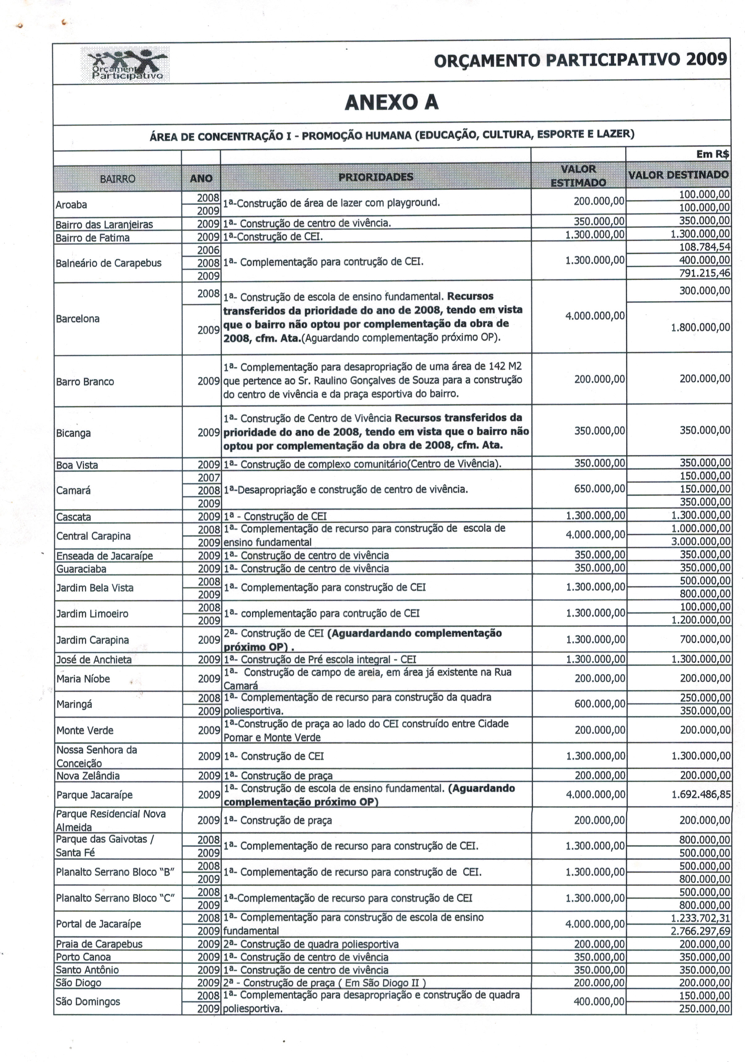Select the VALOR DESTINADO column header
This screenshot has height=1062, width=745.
coord(678,175)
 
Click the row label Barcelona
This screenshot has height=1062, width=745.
coord(77,319)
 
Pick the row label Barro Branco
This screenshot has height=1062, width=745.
coord(85,382)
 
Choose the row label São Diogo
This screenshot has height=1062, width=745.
coord(78,983)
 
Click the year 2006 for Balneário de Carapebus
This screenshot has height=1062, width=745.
coord(208,250)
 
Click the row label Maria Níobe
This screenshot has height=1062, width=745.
coord(83,678)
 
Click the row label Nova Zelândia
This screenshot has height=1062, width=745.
coord(88,776)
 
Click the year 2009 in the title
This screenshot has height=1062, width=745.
coord(706,60)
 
